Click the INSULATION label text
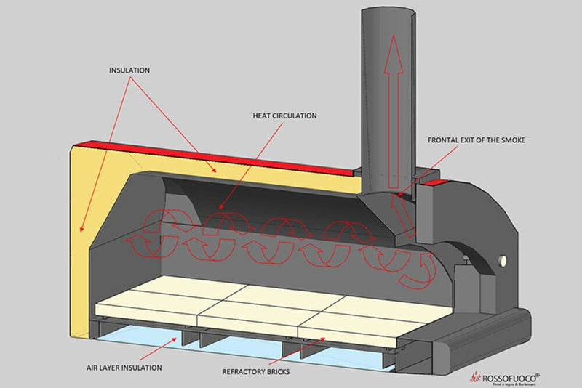[129, 70]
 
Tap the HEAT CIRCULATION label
[284, 116]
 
